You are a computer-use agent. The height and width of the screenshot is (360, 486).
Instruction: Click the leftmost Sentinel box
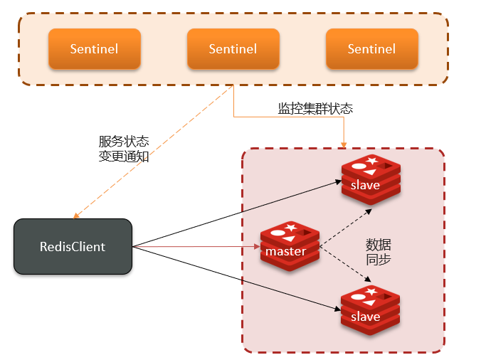click(94, 49)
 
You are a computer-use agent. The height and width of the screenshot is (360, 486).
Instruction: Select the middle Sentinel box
click(233, 49)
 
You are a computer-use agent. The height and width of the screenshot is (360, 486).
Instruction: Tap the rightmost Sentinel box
click(371, 49)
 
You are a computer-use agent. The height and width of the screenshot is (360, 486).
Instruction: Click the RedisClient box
click(73, 247)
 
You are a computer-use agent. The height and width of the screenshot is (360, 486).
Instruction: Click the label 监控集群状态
click(315, 109)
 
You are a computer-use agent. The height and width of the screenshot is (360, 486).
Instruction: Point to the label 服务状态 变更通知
click(124, 149)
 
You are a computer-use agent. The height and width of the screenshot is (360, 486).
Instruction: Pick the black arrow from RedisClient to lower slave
click(235, 279)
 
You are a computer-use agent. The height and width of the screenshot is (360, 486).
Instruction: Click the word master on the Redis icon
click(285, 251)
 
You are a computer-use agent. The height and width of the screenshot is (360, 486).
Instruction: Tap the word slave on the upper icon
click(365, 185)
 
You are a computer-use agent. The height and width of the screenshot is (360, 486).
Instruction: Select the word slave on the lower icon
click(365, 316)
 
